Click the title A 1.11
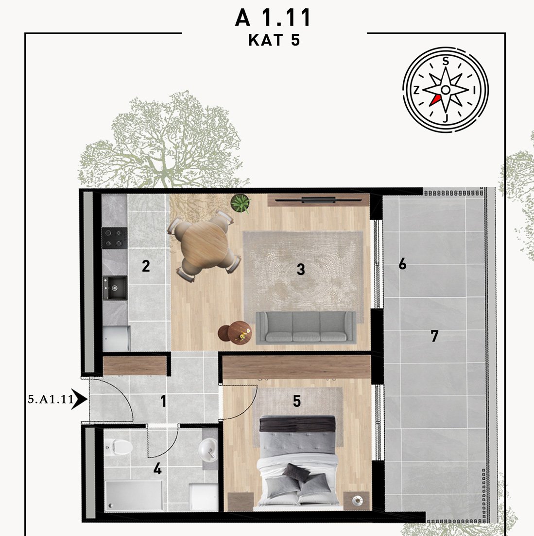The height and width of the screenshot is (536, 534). (273, 17)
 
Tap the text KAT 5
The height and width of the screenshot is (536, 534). (274, 40)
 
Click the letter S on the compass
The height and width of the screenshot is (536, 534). (445, 61)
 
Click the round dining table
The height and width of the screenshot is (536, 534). (205, 245)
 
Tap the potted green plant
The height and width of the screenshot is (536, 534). (241, 203)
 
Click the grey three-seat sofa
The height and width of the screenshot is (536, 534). (306, 327)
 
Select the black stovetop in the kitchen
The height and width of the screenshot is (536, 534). (114, 238)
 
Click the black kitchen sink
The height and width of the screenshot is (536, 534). (115, 288)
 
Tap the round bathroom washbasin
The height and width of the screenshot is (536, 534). (208, 450)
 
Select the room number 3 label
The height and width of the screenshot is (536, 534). (301, 269)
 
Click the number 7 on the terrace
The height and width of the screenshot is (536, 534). (434, 336)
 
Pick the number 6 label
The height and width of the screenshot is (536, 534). (402, 264)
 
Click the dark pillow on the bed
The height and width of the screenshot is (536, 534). (296, 473)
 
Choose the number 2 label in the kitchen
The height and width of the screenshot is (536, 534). (146, 266)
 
